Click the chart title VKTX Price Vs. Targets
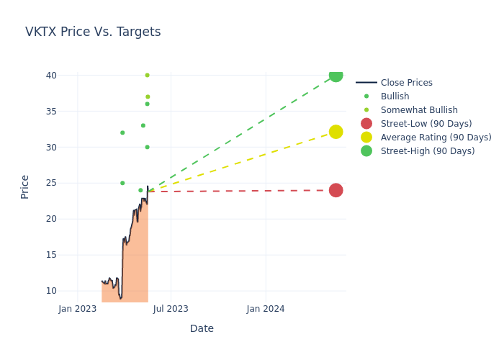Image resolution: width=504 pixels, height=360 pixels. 93,32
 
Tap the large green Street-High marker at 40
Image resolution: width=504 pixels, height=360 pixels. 336,75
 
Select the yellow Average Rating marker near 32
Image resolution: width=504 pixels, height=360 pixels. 336,132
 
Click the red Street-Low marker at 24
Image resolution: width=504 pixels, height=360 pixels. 336,190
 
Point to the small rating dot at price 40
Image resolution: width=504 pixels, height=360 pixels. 147,75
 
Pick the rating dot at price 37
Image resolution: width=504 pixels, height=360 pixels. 148,96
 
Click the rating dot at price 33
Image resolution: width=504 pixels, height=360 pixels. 143,125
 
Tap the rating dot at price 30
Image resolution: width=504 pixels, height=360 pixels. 147,147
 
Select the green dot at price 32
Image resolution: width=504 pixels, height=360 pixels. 122,132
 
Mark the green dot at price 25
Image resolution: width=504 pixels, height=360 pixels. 122,183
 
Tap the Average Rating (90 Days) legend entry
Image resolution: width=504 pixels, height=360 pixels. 436,138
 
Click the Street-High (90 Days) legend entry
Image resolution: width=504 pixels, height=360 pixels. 428,151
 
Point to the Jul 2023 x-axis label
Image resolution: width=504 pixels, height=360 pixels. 171,309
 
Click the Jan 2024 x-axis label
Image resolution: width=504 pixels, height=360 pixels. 266,309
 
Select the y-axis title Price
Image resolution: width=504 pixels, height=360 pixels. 25,186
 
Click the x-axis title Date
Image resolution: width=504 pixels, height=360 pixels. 202,328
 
